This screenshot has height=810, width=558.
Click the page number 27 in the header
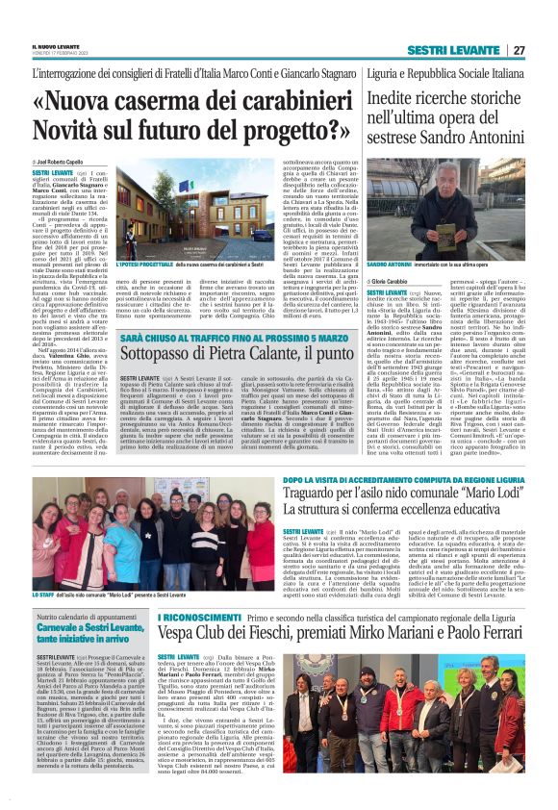519,50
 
